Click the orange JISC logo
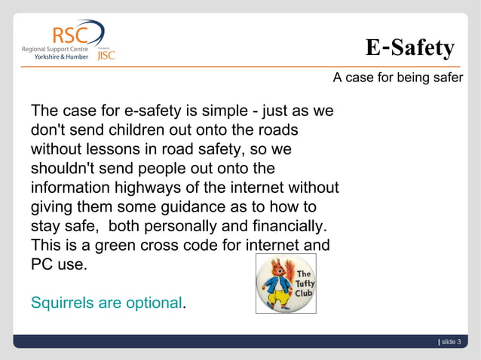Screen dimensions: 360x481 [x=106, y=54]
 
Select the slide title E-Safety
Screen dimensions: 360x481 [x=409, y=48]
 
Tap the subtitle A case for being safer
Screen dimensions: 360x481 [x=398, y=78]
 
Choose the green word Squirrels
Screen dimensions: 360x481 [x=63, y=303]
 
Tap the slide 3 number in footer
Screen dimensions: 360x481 [x=451, y=342]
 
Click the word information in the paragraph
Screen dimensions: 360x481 [x=72, y=188]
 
